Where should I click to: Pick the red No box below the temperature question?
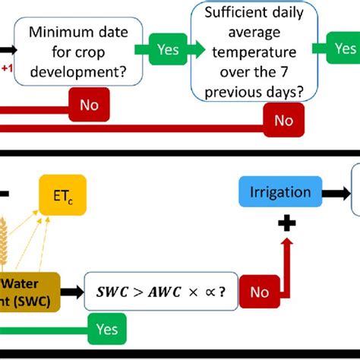tap(283, 119)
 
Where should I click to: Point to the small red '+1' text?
tap(8, 68)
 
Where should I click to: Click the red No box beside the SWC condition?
tap(261, 291)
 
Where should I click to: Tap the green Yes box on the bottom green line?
tap(106, 328)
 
